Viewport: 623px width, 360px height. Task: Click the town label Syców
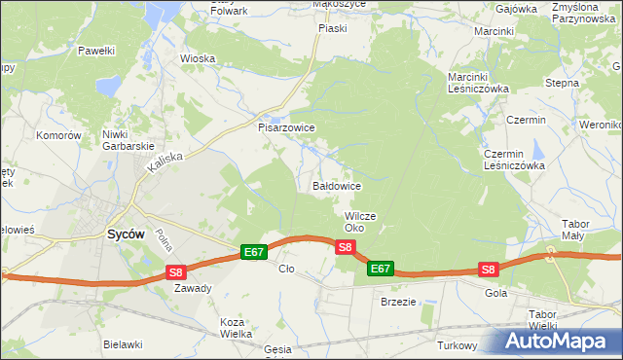(125, 234)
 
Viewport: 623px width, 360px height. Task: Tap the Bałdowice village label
(337, 185)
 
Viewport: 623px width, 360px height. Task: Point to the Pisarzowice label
(286, 127)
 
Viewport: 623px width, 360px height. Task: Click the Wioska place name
(198, 58)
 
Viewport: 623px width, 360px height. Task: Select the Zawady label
(193, 288)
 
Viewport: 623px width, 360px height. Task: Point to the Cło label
(286, 269)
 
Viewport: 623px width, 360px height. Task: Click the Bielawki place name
(123, 344)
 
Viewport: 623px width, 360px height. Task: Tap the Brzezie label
(397, 302)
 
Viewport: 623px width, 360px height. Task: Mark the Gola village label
(495, 292)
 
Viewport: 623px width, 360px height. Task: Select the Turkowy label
(457, 346)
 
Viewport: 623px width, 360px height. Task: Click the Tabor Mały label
(574, 230)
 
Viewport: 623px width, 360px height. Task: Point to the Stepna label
(562, 84)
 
